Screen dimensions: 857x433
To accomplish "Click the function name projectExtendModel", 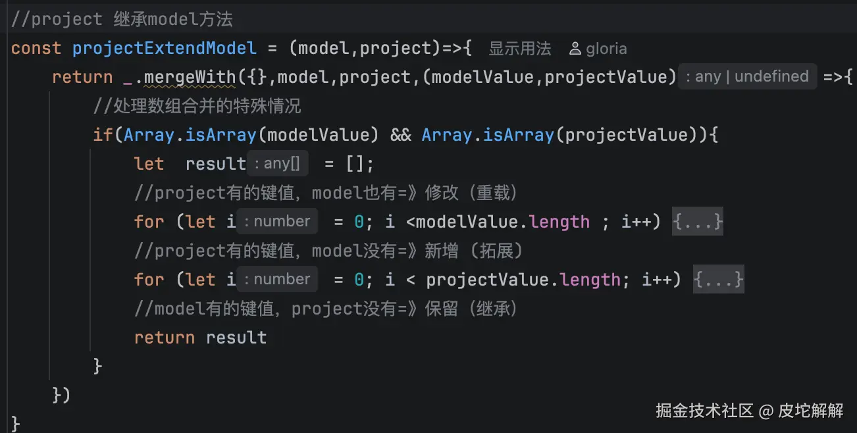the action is tap(164, 49).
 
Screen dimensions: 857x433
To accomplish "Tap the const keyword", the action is tap(36, 49).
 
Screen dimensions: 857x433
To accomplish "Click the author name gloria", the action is tap(606, 49).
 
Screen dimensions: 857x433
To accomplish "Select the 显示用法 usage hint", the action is tap(520, 49).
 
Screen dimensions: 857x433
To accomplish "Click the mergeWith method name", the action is tap(190, 77).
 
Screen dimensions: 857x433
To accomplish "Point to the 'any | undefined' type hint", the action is tap(747, 76).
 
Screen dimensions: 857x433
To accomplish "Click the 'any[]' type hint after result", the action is tap(278, 163).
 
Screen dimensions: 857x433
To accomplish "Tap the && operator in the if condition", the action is tap(401, 135).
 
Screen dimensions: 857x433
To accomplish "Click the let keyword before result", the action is tap(149, 164).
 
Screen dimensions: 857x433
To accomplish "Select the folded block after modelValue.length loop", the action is tap(698, 221).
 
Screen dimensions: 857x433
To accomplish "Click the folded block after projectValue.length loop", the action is tap(719, 279).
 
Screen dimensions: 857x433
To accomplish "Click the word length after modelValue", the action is tap(559, 222).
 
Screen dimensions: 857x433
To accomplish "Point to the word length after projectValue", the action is tap(590, 280).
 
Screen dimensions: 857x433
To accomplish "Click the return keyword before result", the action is tap(164, 338).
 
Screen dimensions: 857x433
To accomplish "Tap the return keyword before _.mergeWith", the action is tap(82, 77).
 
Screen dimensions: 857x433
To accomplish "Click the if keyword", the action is tap(103, 135).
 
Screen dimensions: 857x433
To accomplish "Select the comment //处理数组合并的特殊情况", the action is tap(197, 106).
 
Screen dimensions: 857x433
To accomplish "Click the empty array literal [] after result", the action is tap(354, 164).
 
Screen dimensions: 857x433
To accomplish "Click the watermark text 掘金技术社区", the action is tap(704, 411).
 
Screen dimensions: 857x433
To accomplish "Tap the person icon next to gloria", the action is tap(575, 49).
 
